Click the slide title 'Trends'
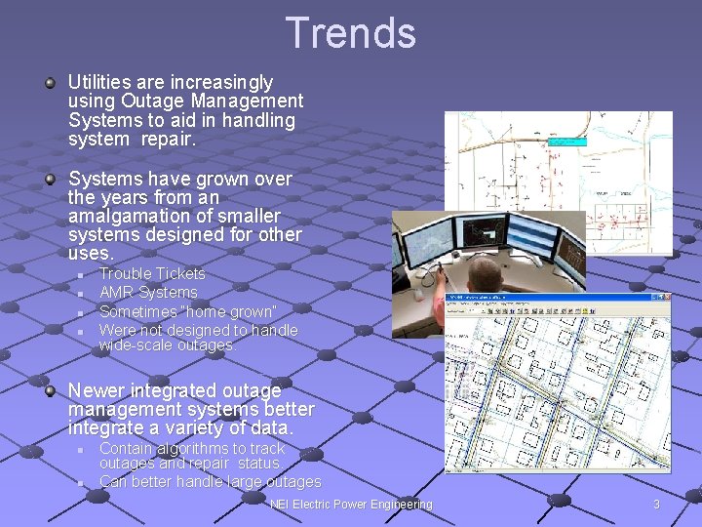pyautogui.click(x=351, y=32)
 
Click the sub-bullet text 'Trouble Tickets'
pyautogui.click(x=152, y=274)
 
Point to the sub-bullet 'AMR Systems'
pyautogui.click(x=148, y=293)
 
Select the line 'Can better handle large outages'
pyautogui.click(x=210, y=482)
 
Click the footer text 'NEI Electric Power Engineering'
pyautogui.click(x=351, y=505)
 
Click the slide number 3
pyautogui.click(x=656, y=505)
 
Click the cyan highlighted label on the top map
pyautogui.click(x=567, y=142)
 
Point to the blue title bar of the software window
pyautogui.click(x=557, y=298)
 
